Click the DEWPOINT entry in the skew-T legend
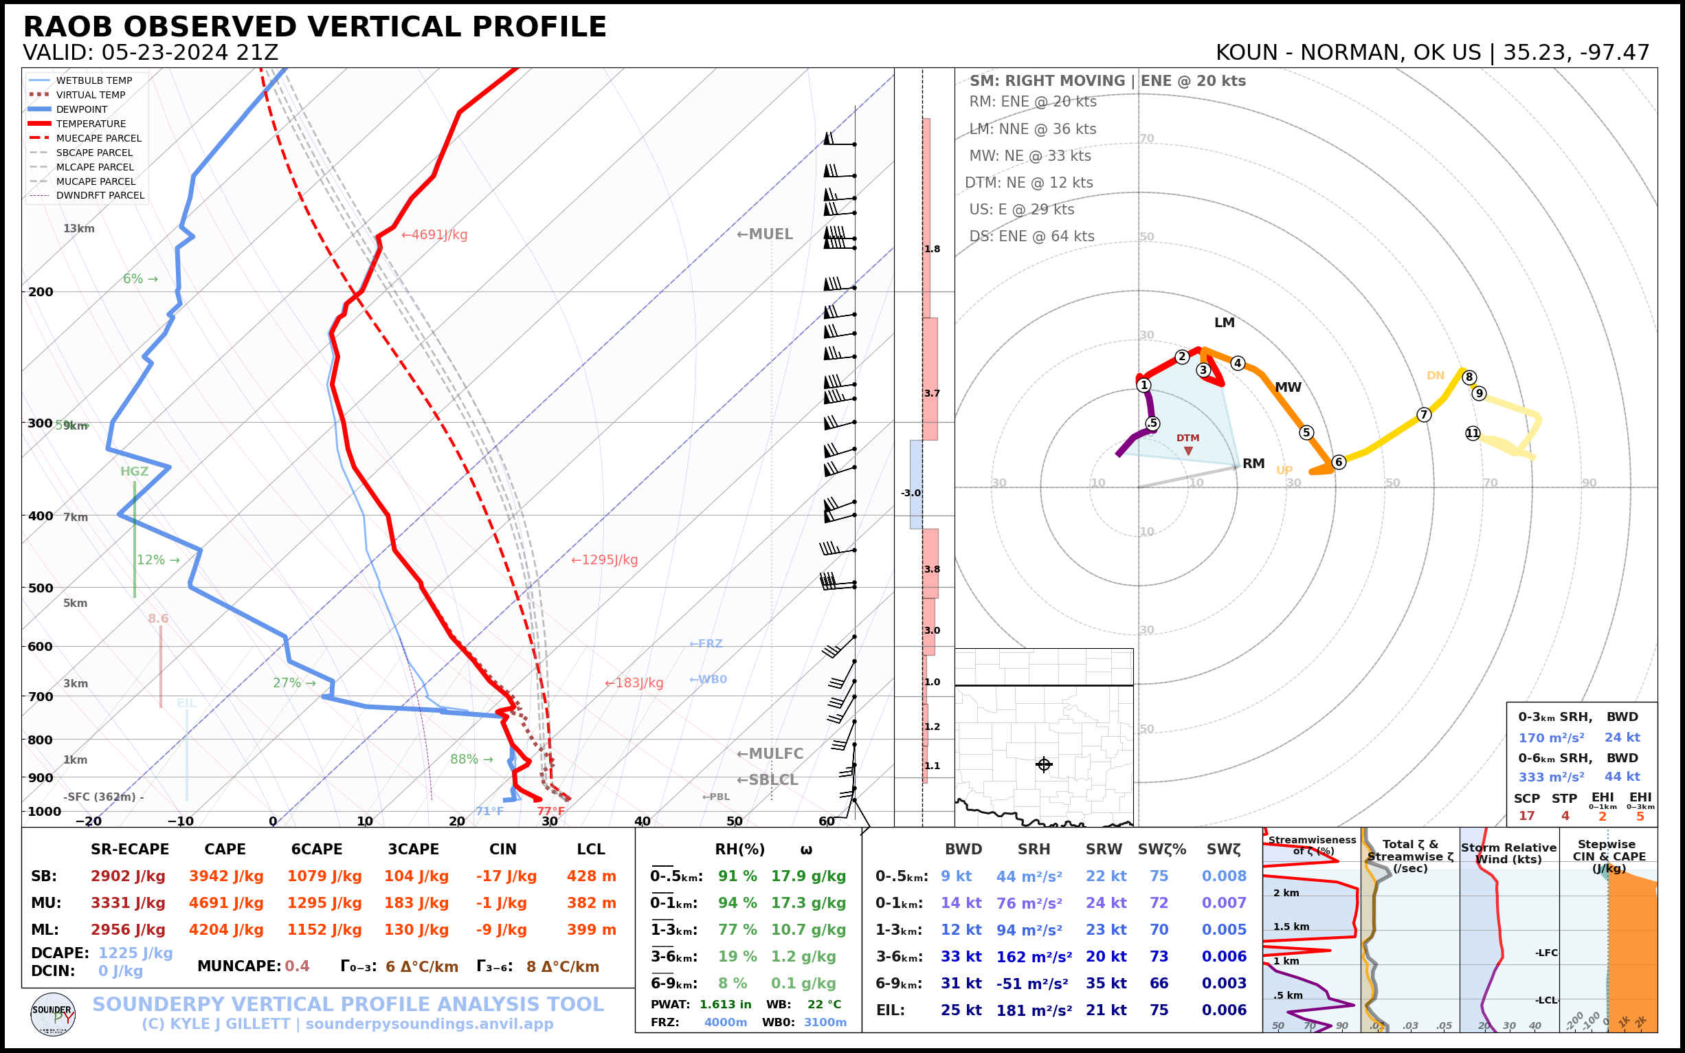click(x=82, y=109)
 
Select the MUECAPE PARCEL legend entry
click(x=98, y=138)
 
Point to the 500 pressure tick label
click(x=41, y=588)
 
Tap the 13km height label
click(x=78, y=228)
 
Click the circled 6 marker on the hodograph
click(x=1338, y=462)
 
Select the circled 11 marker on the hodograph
click(x=1472, y=433)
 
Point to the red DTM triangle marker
click(x=1188, y=451)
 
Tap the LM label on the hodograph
click(x=1224, y=322)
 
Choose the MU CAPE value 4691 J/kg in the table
click(x=225, y=903)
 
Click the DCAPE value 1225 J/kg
click(x=135, y=953)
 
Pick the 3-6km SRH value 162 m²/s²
click(x=1034, y=957)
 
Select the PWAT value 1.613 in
click(x=725, y=1004)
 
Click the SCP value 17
click(x=1526, y=815)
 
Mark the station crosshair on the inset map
click(x=1043, y=765)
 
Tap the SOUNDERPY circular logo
click(x=53, y=1014)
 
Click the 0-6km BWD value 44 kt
click(x=1622, y=777)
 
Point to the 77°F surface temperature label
click(x=550, y=810)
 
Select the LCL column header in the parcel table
click(x=590, y=849)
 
